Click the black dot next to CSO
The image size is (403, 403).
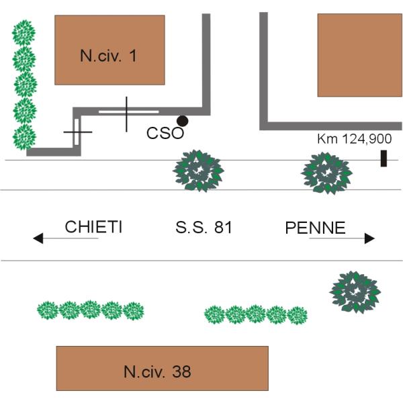pyautogui.click(x=182, y=121)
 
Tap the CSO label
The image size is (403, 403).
pyautogui.click(x=165, y=133)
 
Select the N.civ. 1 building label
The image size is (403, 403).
pyautogui.click(x=108, y=56)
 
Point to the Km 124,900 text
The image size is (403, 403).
pyautogui.click(x=354, y=140)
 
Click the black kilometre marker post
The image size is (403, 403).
pyautogui.click(x=384, y=159)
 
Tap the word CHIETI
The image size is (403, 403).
pyautogui.click(x=93, y=227)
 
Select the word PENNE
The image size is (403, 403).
pyautogui.click(x=315, y=228)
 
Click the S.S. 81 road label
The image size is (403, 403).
pyautogui.click(x=204, y=228)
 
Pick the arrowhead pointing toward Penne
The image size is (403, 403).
pyautogui.click(x=369, y=238)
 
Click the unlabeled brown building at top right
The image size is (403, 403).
pyautogui.click(x=359, y=55)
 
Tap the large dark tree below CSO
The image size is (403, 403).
pyautogui.click(x=198, y=171)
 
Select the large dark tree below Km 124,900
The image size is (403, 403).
pyautogui.click(x=326, y=173)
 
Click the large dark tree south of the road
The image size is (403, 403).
pyautogui.click(x=355, y=292)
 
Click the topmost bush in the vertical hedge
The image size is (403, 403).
pyautogui.click(x=25, y=32)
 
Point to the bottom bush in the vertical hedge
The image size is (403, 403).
pyautogui.click(x=25, y=136)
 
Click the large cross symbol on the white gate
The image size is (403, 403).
pyautogui.click(x=126, y=114)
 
